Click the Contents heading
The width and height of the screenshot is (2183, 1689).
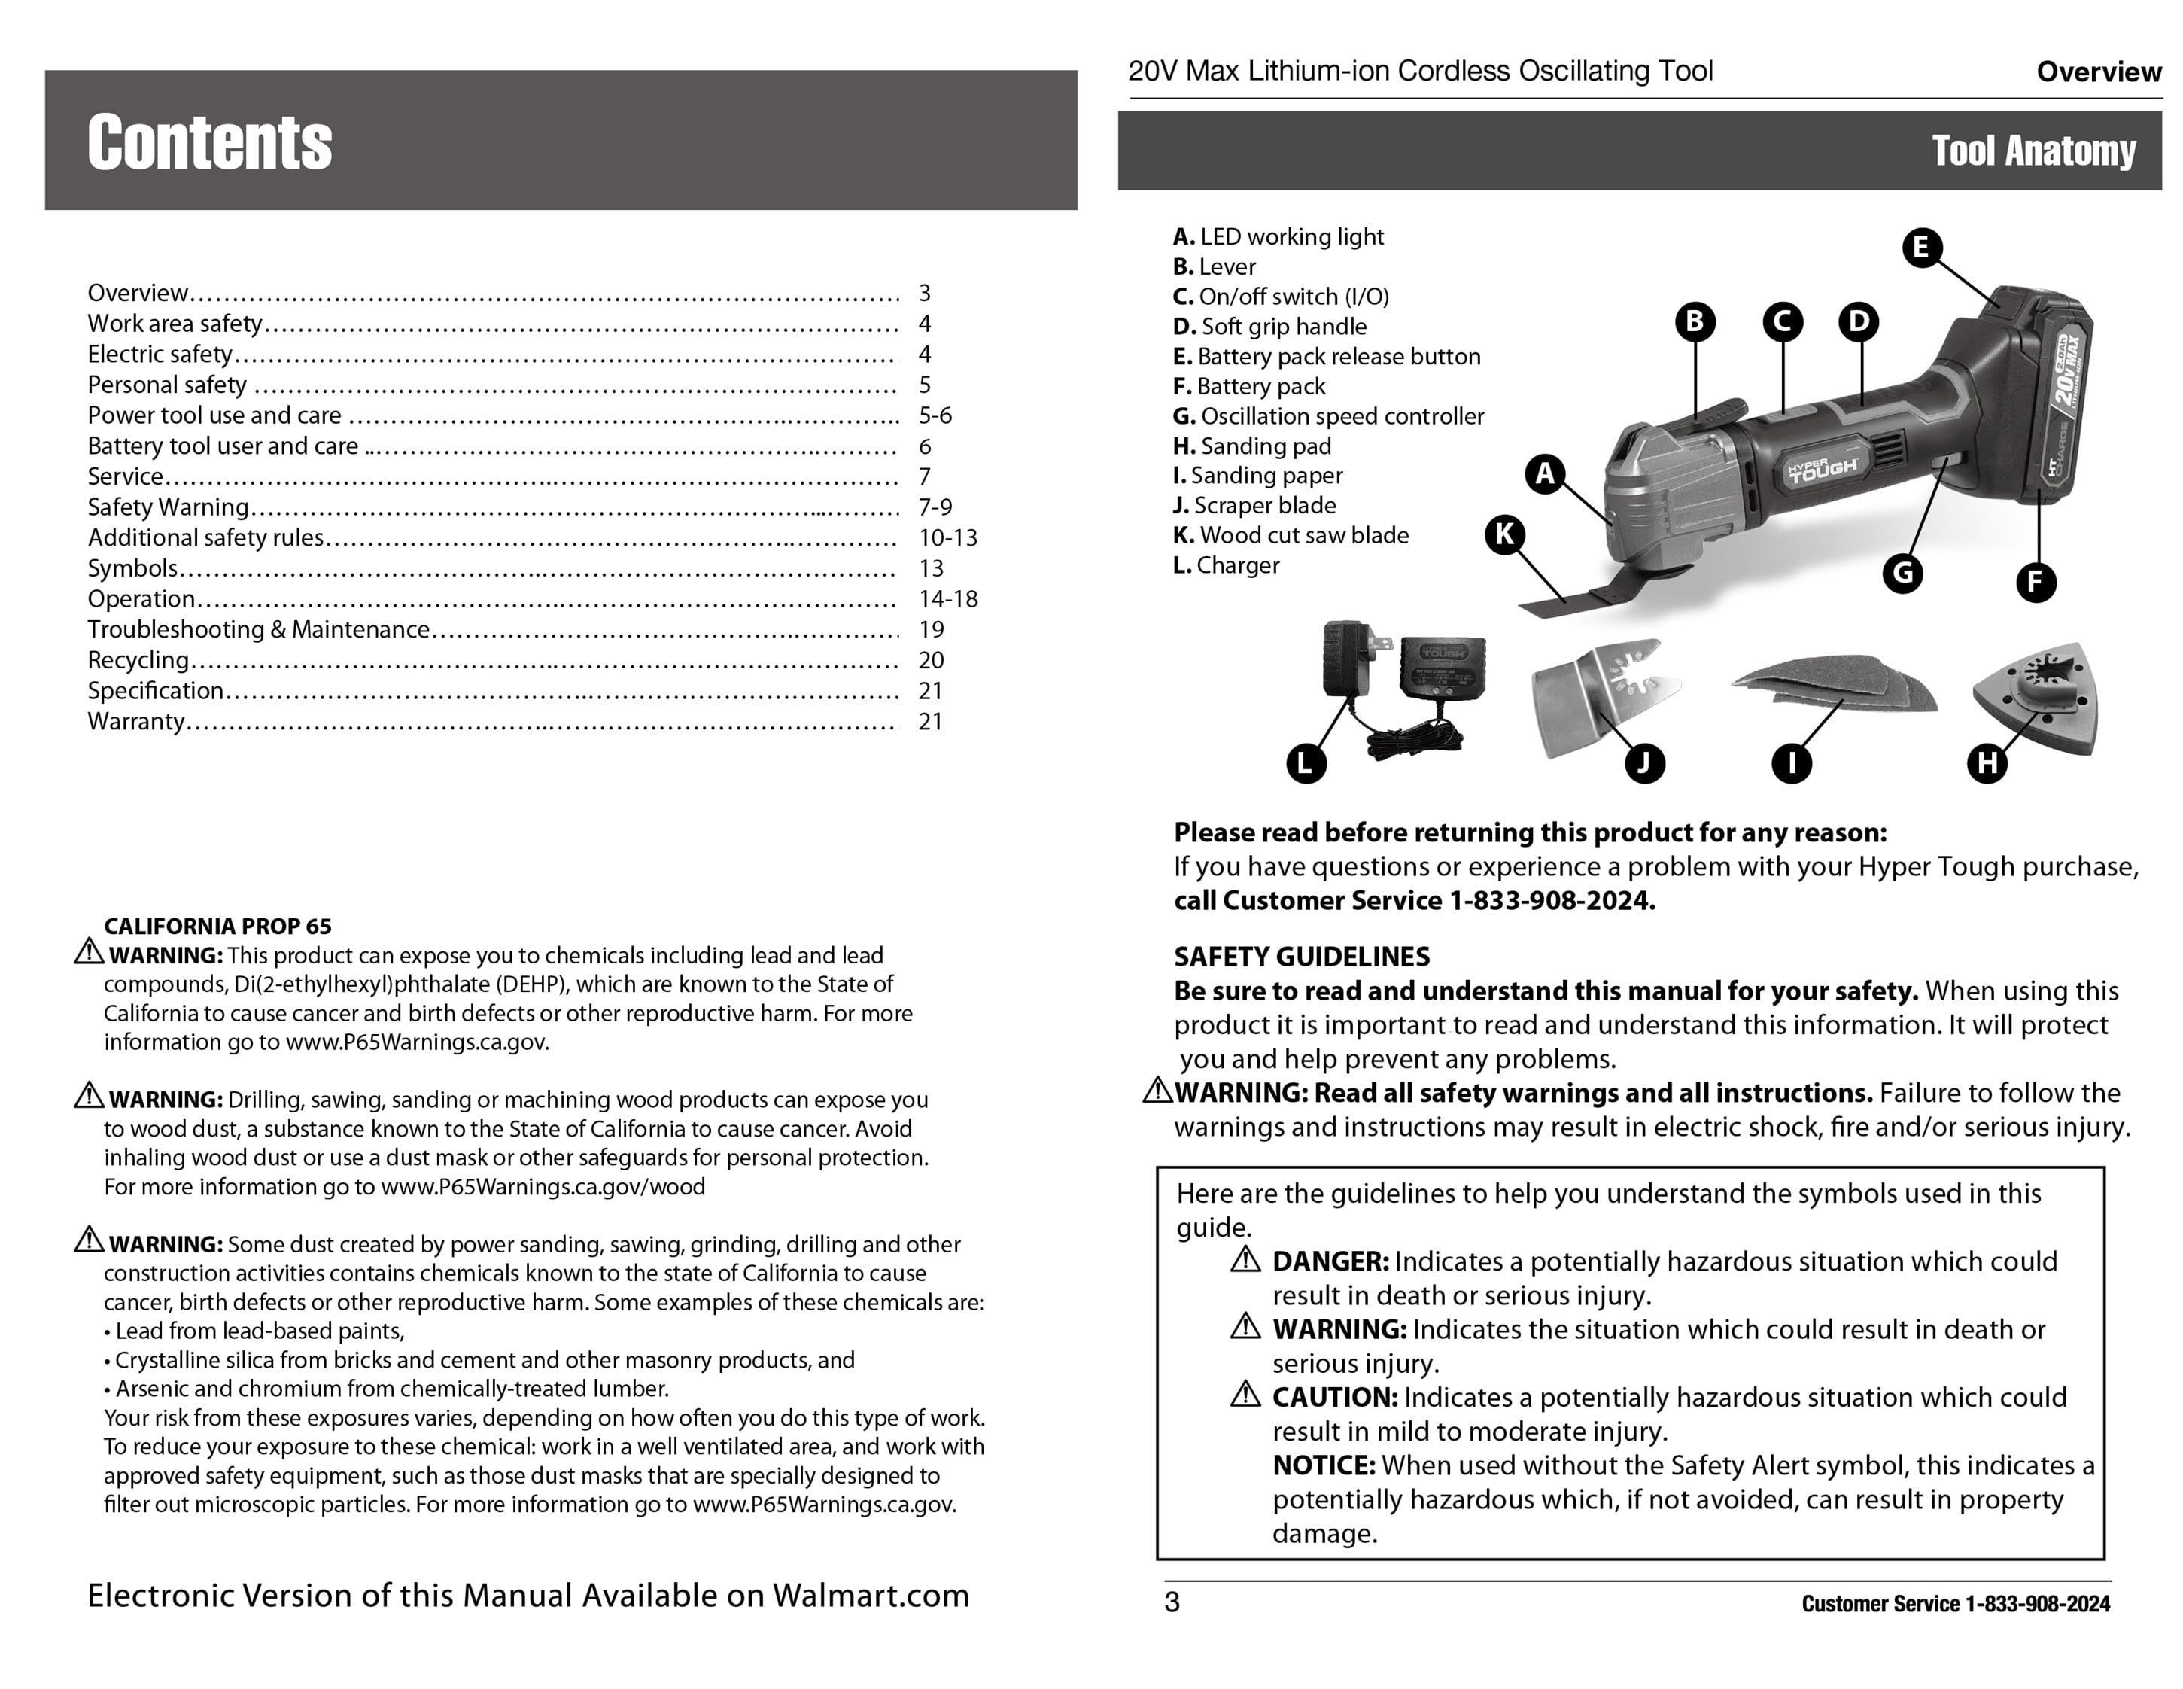[209, 142]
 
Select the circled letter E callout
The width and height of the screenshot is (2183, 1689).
[1921, 247]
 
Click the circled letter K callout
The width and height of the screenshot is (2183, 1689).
[1504, 535]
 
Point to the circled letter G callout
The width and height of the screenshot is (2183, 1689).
[1902, 573]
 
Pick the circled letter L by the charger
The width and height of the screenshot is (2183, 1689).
[1306, 763]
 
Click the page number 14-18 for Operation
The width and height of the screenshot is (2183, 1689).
[947, 599]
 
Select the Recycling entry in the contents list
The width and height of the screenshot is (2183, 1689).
[138, 660]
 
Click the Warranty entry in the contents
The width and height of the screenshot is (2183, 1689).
[136, 721]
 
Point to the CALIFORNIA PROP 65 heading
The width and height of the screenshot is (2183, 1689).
[217, 926]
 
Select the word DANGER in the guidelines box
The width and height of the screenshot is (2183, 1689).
[1330, 1261]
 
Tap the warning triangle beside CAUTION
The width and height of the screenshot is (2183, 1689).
[1245, 1394]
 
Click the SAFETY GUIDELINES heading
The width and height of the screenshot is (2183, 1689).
[1301, 957]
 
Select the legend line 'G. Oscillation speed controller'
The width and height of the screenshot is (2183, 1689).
[1327, 416]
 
